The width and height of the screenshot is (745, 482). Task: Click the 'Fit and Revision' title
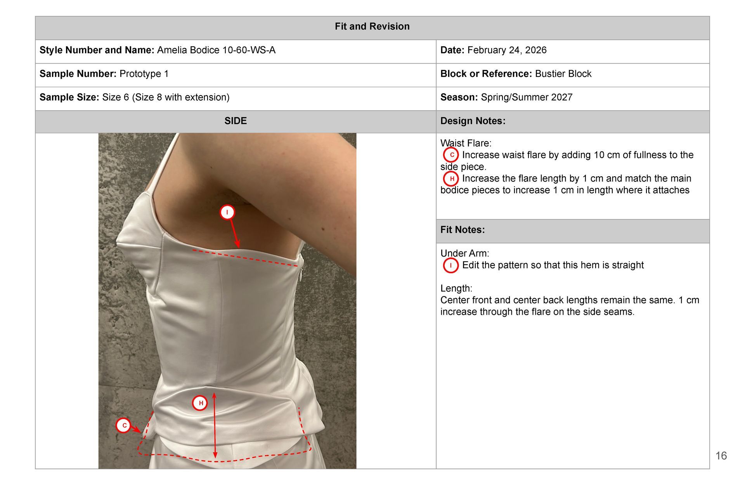372,26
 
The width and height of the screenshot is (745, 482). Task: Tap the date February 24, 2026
507,50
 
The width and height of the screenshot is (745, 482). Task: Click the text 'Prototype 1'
144,74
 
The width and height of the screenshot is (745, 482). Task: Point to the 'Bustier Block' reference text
563,74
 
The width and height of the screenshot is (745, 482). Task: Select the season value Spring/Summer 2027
527,97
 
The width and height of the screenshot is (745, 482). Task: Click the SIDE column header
236,121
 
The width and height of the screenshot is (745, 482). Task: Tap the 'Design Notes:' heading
473,121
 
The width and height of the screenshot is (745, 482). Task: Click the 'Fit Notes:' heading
463,230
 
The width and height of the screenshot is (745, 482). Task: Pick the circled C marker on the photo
124,425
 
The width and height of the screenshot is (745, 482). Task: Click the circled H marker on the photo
200,403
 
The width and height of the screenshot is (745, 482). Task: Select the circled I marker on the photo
227,212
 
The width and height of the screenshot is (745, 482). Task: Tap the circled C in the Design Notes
451,155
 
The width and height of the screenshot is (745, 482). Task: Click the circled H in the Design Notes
451,179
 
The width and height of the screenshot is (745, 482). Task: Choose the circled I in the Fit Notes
451,265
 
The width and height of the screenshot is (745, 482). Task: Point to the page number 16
721,456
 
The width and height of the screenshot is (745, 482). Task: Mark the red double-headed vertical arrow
215,425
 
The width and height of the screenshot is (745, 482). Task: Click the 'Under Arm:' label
464,253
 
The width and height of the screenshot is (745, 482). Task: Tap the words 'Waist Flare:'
466,143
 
